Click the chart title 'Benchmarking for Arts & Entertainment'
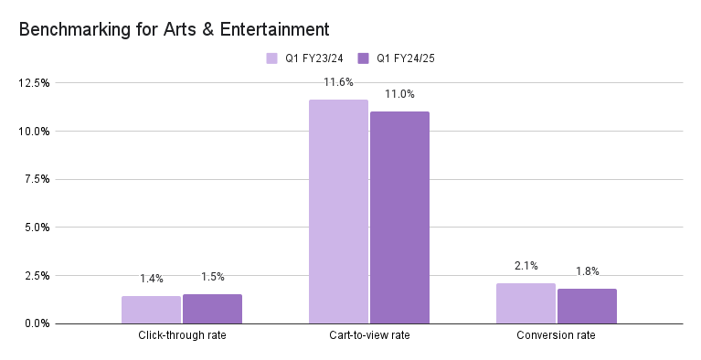(174, 30)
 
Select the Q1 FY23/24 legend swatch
(271, 58)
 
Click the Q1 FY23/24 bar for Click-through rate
(151, 310)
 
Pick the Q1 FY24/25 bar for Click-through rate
(212, 309)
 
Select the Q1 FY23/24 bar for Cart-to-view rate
(338, 212)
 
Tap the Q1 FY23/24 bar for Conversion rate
(526, 303)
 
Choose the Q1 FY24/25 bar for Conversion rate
(587, 306)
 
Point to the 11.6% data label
(338, 82)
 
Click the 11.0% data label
(399, 94)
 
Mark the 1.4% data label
(151, 278)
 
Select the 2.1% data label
(526, 265)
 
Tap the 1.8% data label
(587, 270)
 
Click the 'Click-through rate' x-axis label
(182, 336)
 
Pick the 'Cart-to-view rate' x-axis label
(369, 336)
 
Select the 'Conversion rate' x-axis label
(557, 336)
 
